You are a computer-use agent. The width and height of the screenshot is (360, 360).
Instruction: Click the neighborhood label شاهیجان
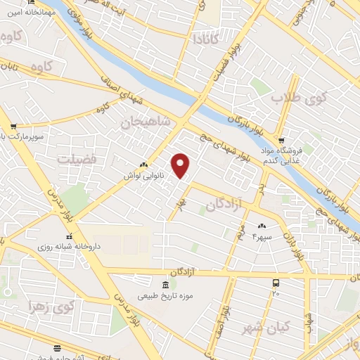pos(146,121)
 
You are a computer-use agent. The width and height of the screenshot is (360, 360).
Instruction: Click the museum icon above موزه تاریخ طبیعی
pos(165,285)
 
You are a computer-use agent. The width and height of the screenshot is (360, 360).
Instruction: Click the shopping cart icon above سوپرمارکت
pos(14,127)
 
